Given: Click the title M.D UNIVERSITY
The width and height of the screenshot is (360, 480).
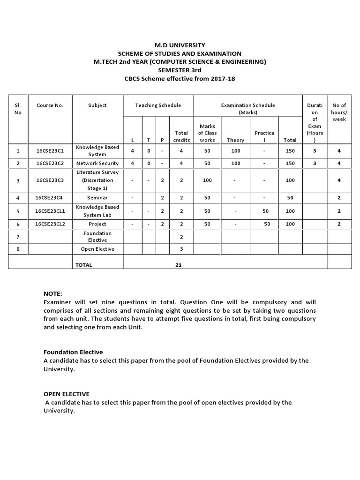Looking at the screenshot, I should (x=180, y=45).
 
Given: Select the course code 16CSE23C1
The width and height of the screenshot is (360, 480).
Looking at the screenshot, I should (x=50, y=151).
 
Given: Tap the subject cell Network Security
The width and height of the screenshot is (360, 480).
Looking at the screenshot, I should (x=97, y=164).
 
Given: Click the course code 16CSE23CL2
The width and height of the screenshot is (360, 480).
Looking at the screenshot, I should (x=50, y=225).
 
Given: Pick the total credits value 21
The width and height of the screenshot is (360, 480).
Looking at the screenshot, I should (x=179, y=265).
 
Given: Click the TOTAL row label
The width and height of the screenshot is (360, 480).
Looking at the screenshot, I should (x=84, y=265).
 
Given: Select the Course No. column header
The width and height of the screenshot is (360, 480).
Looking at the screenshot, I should (x=50, y=105).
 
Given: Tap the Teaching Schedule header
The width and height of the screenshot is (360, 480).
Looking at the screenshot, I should (x=158, y=105).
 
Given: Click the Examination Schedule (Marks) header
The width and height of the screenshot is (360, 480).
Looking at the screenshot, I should (x=248, y=109).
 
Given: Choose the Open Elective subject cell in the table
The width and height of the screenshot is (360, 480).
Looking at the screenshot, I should (x=97, y=249).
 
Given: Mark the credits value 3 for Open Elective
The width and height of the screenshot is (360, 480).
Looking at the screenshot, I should (x=181, y=249).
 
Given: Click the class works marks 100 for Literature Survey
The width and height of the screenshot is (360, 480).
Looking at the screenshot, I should (x=207, y=180).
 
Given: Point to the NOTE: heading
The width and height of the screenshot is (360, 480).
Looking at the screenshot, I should (x=52, y=293).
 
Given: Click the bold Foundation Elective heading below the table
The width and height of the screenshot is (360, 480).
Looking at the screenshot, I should (x=73, y=352).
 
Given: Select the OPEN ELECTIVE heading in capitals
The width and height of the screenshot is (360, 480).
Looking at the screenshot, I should (x=66, y=394).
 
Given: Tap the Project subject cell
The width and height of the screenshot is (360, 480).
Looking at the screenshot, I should (x=97, y=225).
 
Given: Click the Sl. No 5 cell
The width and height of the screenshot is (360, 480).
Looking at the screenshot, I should (x=18, y=211).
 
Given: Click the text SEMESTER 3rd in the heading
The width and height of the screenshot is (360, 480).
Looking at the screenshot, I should (x=180, y=70).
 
